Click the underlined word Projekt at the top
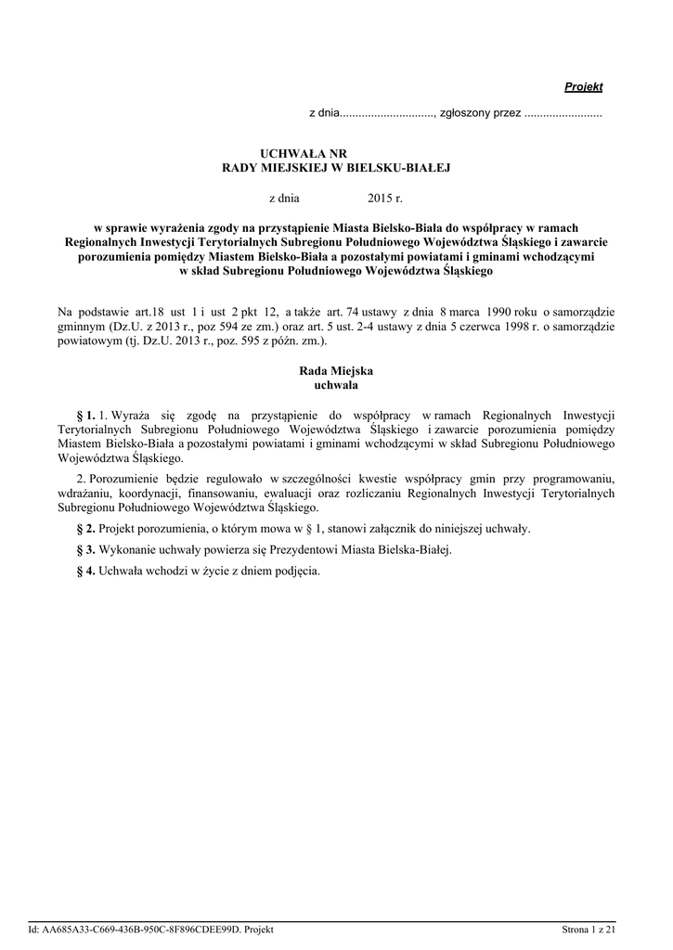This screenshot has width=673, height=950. [584, 86]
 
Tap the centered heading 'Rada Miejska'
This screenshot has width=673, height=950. [336, 370]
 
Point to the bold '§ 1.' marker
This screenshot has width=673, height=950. [85, 414]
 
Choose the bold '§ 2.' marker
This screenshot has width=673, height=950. [85, 529]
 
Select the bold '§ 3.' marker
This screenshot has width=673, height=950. [85, 550]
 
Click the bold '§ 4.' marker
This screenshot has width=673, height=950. [85, 571]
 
